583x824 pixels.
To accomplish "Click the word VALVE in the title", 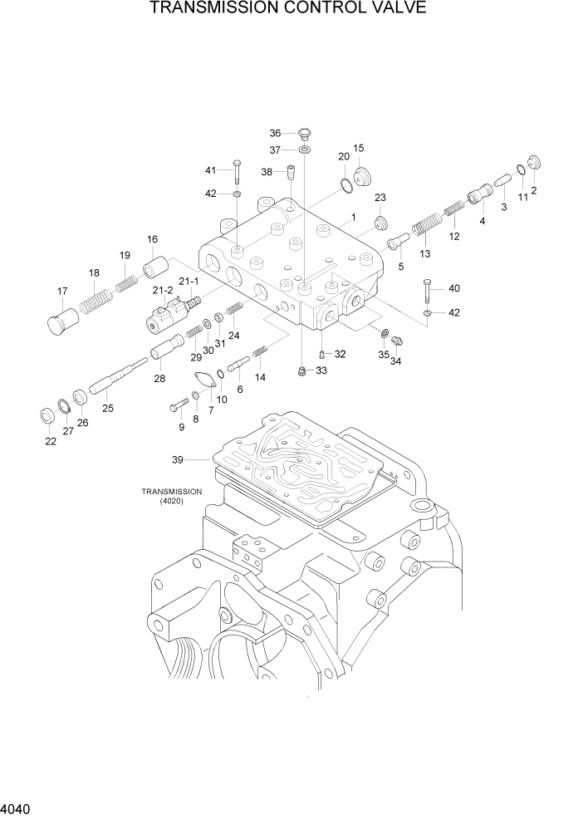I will [393, 9].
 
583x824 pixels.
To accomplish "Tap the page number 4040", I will [19, 807].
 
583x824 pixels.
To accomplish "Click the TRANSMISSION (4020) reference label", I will [172, 496].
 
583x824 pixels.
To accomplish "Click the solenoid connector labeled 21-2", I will [160, 319].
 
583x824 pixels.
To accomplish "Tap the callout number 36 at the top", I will [276, 133].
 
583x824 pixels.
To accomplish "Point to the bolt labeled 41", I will [237, 172].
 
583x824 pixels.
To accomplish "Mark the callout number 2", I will [533, 190].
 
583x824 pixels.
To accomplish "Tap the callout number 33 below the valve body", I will [321, 370].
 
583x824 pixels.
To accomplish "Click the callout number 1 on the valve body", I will [353, 218].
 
